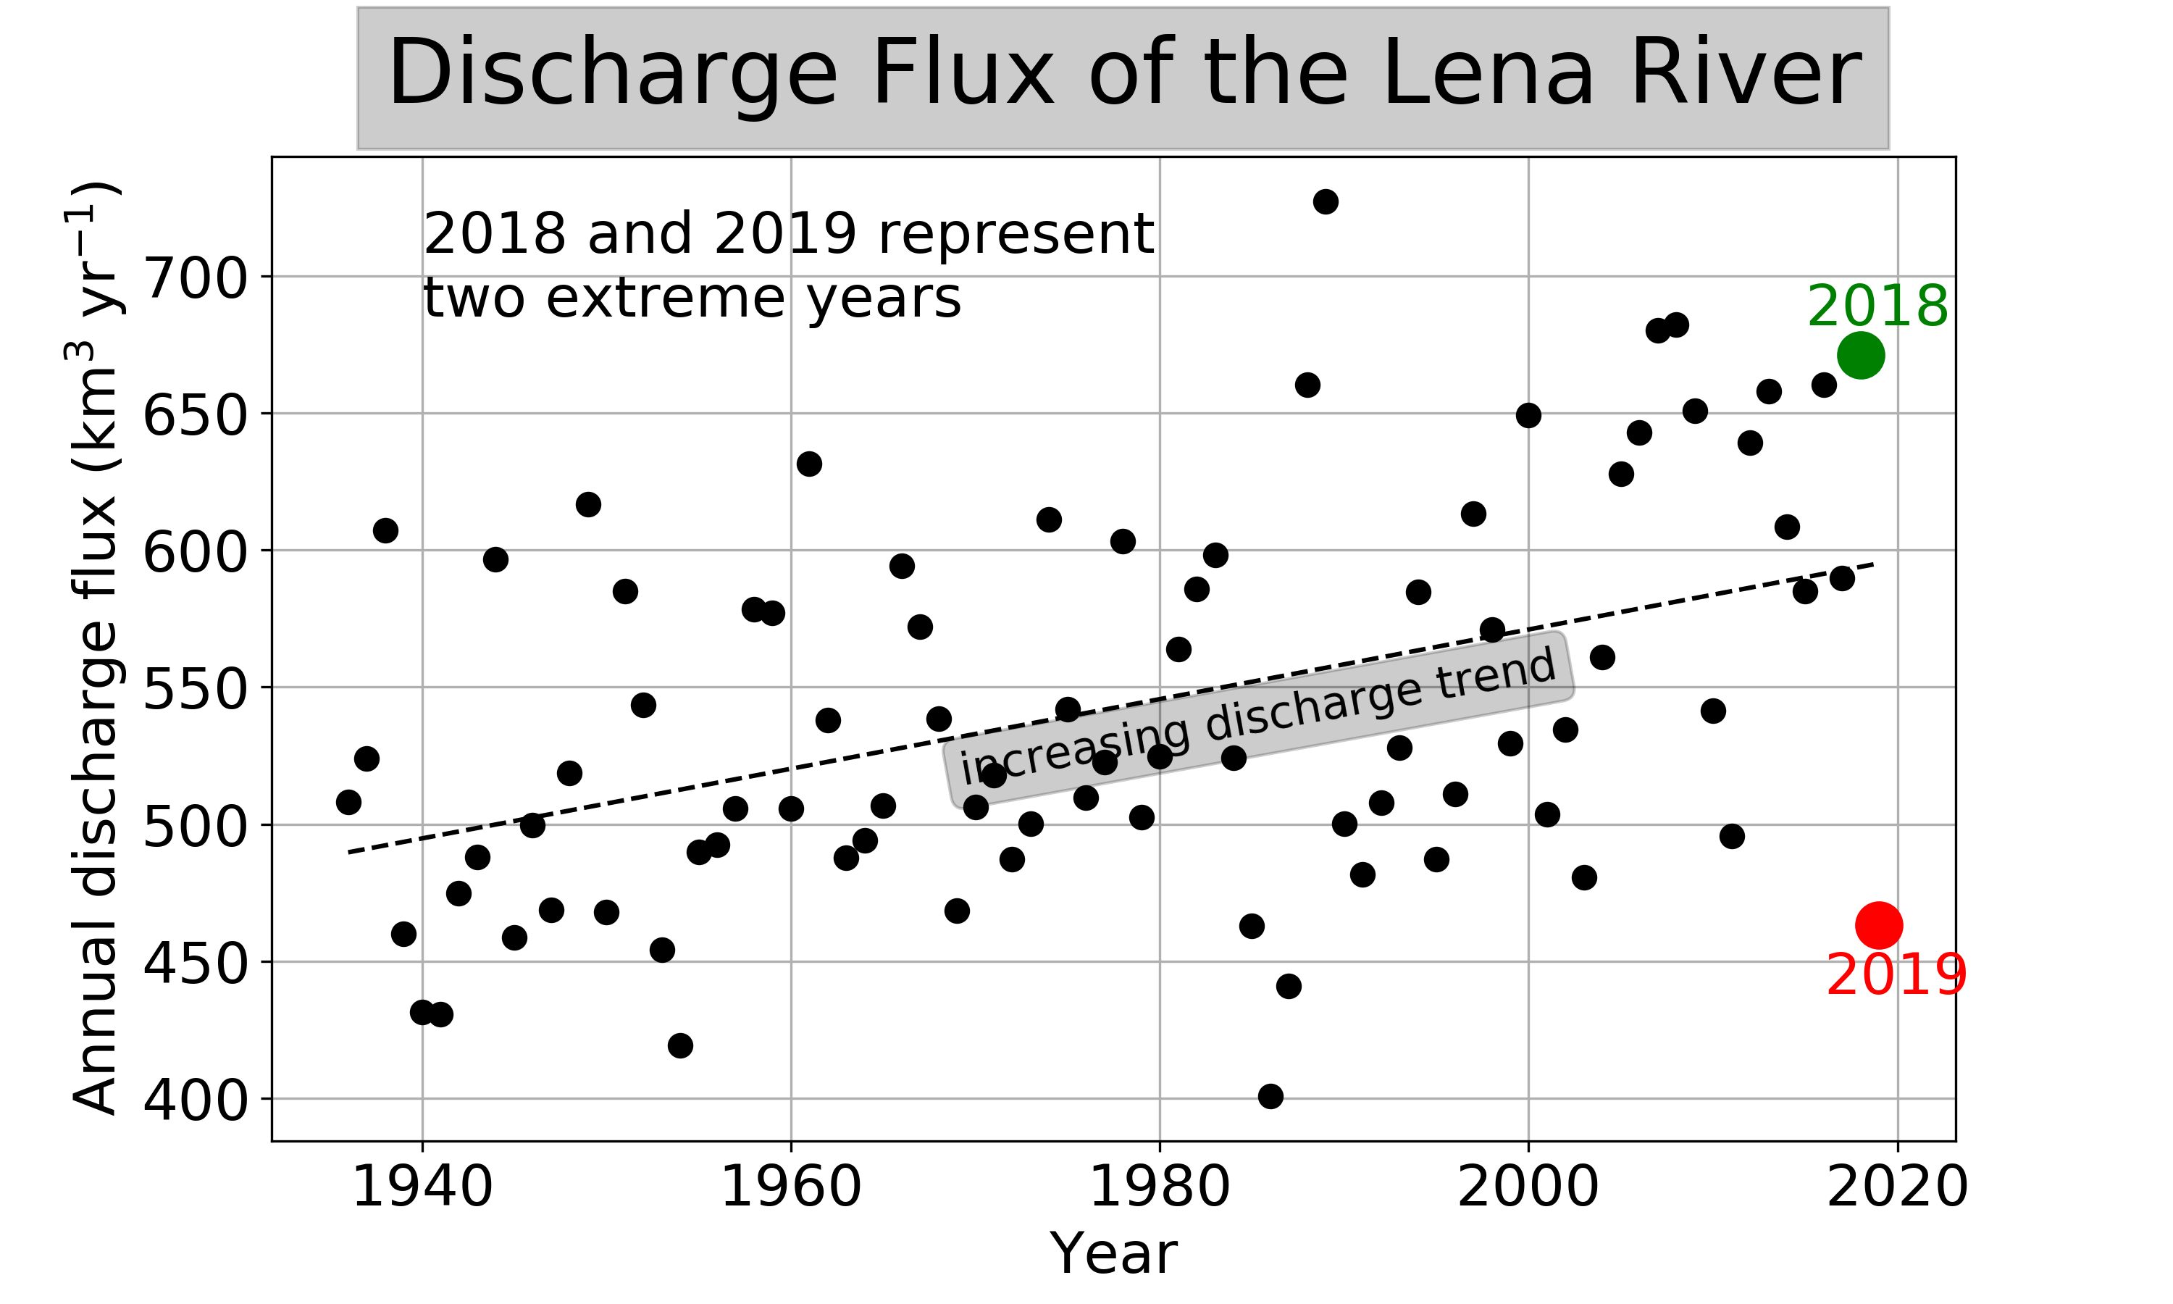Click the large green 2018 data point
click(x=1860, y=355)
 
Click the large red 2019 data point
click(x=1879, y=924)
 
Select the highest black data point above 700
click(x=1326, y=201)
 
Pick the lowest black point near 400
click(x=1270, y=1096)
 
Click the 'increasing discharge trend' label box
click(x=1257, y=719)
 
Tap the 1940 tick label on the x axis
click(x=422, y=1187)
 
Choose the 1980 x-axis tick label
click(x=1160, y=1187)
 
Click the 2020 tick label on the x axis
click(x=1897, y=1187)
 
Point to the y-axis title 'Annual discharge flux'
click(x=95, y=651)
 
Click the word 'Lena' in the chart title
click(x=1487, y=74)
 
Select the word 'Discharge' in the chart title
click(x=612, y=74)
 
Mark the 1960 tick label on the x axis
click(x=790, y=1187)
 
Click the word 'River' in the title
click(x=1745, y=74)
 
